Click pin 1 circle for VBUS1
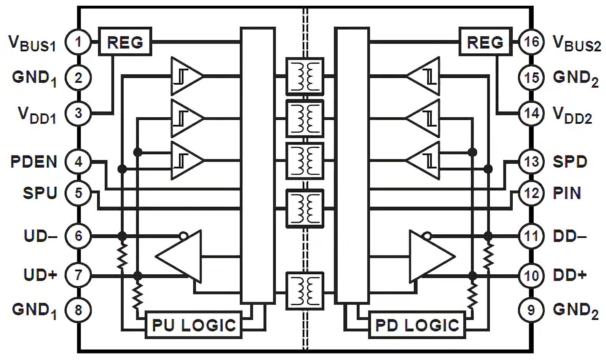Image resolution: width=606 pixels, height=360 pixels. [x=78, y=42]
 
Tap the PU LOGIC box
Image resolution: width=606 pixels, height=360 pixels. [x=194, y=325]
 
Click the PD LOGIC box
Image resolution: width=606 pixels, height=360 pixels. [x=417, y=325]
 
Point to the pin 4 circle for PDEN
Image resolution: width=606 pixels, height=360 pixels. [x=78, y=162]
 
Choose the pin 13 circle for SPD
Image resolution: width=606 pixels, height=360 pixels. [x=531, y=162]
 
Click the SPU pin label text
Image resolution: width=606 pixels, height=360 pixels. [x=40, y=193]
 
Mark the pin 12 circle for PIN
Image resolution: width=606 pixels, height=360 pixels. [x=531, y=193]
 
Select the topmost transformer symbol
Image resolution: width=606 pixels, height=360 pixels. [x=305, y=76]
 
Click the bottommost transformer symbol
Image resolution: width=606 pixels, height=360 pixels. [x=305, y=291]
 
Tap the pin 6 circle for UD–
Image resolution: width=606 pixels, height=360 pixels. [x=78, y=236]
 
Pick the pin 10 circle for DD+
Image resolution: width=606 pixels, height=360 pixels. [x=531, y=275]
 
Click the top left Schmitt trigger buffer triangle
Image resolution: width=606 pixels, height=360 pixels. [x=185, y=76]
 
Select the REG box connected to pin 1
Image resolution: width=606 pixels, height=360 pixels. [x=125, y=42]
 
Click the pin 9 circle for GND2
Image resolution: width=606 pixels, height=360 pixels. [x=531, y=310]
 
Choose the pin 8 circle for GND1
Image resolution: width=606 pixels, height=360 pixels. [x=78, y=310]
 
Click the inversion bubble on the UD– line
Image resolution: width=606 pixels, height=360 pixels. [x=183, y=236]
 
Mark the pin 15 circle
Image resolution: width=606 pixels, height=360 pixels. [x=531, y=77]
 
